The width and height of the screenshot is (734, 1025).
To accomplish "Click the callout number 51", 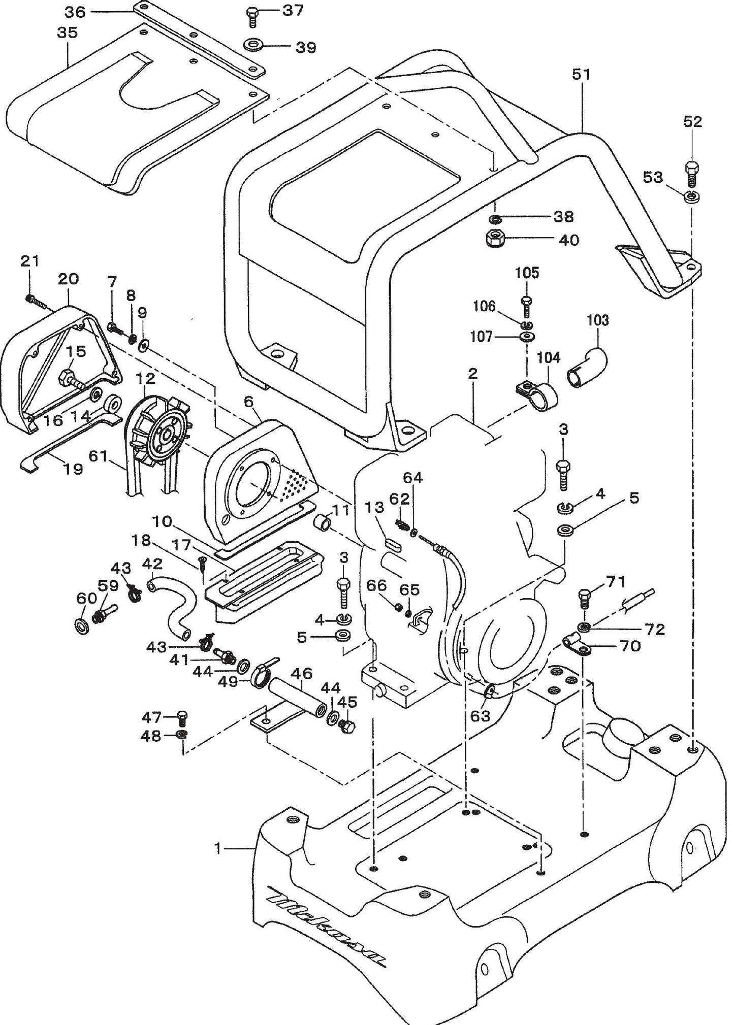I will coord(581,75).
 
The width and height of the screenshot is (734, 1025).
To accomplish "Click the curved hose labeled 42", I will coord(173,607).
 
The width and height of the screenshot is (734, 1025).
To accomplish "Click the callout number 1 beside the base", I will coord(218,848).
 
